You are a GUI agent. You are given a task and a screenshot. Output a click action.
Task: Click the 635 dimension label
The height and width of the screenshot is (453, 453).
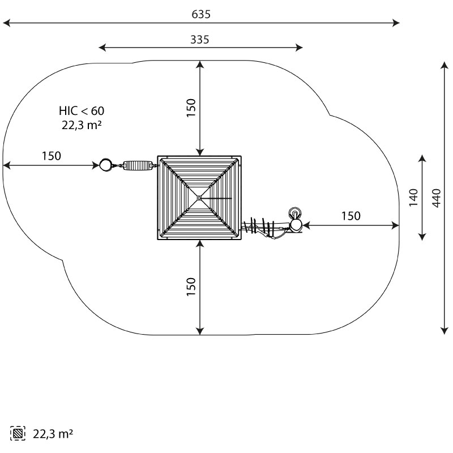[x=201, y=14]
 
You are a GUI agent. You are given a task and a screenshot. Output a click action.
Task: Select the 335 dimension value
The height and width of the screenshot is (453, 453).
[x=200, y=40]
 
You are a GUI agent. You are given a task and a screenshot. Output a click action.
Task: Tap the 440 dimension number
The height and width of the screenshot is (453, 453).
[x=437, y=198]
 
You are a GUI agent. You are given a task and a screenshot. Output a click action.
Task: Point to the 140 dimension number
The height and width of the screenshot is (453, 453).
[x=413, y=198]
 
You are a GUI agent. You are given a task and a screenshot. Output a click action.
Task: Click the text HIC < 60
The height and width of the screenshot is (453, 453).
[x=82, y=110]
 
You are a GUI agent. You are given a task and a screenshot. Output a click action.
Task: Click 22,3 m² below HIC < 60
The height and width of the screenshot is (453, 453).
[x=82, y=125]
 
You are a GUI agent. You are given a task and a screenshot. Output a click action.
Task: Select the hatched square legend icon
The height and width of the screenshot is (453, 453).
[x=18, y=433]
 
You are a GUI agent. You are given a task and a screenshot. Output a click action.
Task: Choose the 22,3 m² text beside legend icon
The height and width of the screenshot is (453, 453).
[x=53, y=434]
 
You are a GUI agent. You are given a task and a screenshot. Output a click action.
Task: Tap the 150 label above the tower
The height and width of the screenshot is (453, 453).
[x=191, y=108]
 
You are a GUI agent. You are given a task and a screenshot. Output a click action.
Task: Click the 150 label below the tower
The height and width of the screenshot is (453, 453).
[x=191, y=287]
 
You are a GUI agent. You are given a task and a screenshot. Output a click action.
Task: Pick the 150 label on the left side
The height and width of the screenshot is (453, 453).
[x=52, y=156]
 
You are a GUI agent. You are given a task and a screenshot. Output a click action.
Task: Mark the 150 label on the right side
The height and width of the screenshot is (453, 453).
[x=351, y=216]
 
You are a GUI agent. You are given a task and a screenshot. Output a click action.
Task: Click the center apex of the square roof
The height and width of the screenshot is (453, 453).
[x=199, y=198]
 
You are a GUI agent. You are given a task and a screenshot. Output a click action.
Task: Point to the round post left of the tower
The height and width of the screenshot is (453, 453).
[x=105, y=165]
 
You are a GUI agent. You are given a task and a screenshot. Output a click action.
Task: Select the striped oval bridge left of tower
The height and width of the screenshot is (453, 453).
[x=138, y=166]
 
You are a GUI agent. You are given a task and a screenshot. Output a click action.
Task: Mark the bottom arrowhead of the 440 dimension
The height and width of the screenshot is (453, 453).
[x=445, y=331]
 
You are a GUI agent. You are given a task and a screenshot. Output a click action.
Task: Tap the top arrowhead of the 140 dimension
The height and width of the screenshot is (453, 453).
[x=422, y=159]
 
